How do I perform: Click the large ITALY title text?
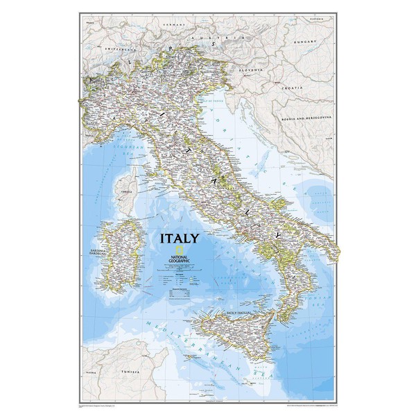click(180, 238)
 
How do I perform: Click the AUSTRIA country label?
click(225, 33)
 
